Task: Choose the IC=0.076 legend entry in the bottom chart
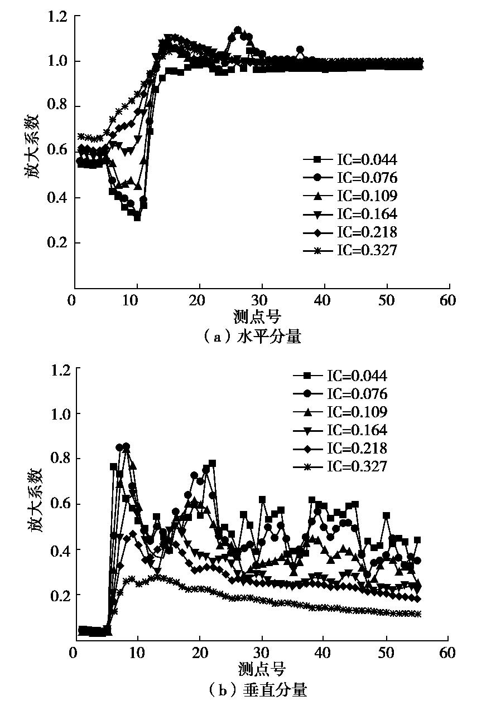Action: [340, 394]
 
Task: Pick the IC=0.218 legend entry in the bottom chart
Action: [340, 448]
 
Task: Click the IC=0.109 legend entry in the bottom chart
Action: [340, 412]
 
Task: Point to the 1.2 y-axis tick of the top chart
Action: [59, 17]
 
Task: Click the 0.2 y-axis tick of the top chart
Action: [59, 243]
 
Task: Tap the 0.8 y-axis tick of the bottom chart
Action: [59, 459]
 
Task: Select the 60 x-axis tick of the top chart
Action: [448, 301]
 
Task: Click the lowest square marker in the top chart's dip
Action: [137, 217]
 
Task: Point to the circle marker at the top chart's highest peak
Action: [238, 30]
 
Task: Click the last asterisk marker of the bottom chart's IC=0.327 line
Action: [418, 614]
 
